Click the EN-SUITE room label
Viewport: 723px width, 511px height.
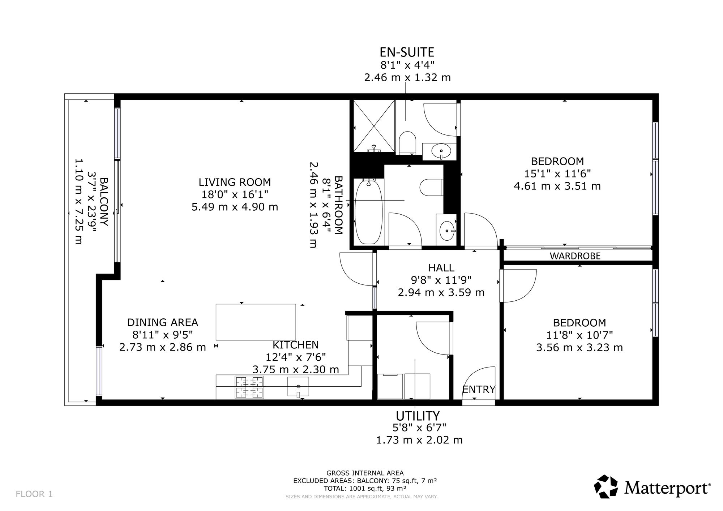tap(407, 52)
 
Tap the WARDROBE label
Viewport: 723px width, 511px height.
tap(575, 256)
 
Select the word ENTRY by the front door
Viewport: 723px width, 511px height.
tap(479, 390)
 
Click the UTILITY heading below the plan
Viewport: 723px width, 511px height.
tap(418, 416)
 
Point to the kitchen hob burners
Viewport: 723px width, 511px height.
tap(249, 387)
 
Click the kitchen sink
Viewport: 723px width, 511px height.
tap(298, 386)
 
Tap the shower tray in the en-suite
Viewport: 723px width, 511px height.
tap(374, 126)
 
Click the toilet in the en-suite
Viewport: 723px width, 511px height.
tap(408, 143)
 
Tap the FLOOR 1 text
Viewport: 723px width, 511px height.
tap(34, 494)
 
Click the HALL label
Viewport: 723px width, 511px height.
tap(441, 268)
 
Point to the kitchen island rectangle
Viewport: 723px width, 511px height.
tap(256, 322)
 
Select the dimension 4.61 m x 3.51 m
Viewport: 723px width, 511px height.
tap(557, 186)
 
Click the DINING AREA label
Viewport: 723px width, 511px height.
tap(163, 322)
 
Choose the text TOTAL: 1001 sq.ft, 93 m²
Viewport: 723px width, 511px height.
tap(365, 488)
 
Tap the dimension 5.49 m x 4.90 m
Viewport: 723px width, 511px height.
tap(235, 207)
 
